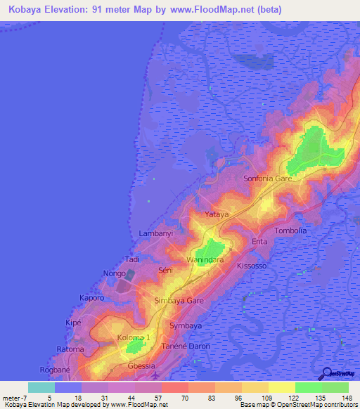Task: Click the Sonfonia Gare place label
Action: point(272,179)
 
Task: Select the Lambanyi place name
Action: point(155,232)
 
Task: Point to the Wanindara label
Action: point(205,259)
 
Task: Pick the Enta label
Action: point(260,242)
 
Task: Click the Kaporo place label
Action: point(92,297)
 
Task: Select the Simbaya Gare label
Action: point(179,300)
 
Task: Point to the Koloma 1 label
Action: point(134,338)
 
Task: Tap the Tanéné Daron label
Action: point(185,346)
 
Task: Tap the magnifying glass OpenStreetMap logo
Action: point(326,374)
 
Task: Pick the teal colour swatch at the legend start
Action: point(41,387)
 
